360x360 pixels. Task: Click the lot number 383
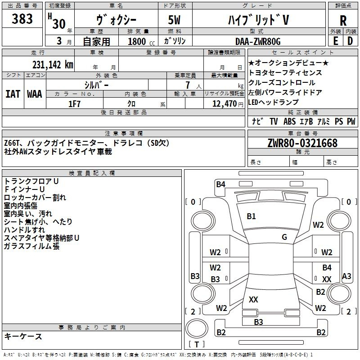click(22, 18)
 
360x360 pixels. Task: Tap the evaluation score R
click(343, 21)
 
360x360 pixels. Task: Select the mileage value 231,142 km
click(53, 65)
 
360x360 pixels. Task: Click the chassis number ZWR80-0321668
click(302, 143)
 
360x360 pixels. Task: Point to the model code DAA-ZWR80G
click(258, 41)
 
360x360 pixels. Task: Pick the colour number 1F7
click(74, 104)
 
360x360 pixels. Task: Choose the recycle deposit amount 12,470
click(224, 104)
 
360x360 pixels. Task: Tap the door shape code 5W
click(174, 20)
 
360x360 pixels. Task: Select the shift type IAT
click(13, 94)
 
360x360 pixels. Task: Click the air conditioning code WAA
click(35, 94)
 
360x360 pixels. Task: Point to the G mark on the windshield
click(284, 237)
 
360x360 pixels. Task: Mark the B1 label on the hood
click(251, 216)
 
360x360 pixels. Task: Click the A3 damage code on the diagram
click(346, 276)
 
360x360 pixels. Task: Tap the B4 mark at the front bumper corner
click(220, 184)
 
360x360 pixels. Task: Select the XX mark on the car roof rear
click(253, 299)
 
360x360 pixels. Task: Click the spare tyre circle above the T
click(197, 328)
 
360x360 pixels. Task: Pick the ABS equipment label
click(289, 121)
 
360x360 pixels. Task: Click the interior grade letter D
click(350, 41)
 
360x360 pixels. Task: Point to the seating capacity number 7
click(188, 85)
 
